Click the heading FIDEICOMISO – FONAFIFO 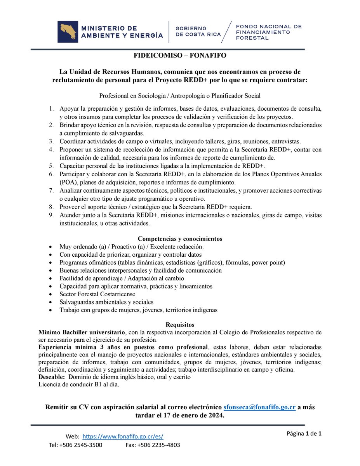coord(180,56)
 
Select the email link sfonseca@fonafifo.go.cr coord(260,407)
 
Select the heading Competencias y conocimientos coord(180,239)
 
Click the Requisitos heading coord(180,325)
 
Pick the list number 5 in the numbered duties coord(51,166)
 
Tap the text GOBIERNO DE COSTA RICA coord(198,31)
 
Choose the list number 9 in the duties coord(51,215)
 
